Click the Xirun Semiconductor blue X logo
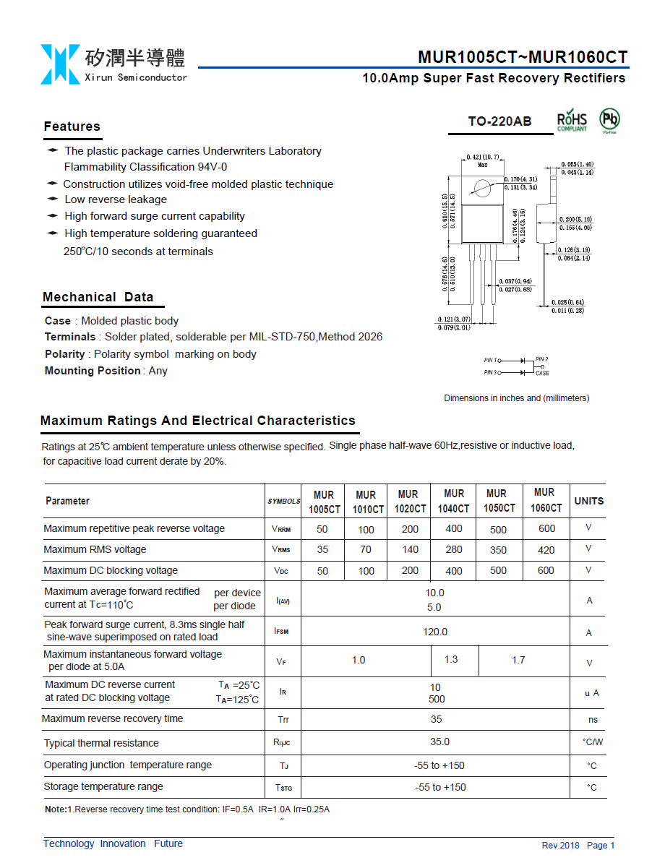tap(60, 64)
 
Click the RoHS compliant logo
tap(572, 121)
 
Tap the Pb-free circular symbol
tap(609, 120)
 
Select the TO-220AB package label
tap(499, 121)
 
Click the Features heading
tap(72, 126)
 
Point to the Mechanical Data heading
tap(98, 297)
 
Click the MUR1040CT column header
tap(453, 501)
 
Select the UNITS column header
tap(588, 501)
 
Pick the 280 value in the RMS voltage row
tap(454, 549)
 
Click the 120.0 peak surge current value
tap(435, 632)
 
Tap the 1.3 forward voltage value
tap(451, 659)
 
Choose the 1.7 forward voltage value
tap(518, 660)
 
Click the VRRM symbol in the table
tap(282, 529)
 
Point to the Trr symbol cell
tap(283, 720)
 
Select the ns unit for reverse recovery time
tap(593, 720)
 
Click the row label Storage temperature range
tap(103, 786)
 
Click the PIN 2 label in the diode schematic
tap(541, 359)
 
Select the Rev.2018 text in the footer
tap(560, 845)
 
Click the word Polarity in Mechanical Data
tap(64, 354)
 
